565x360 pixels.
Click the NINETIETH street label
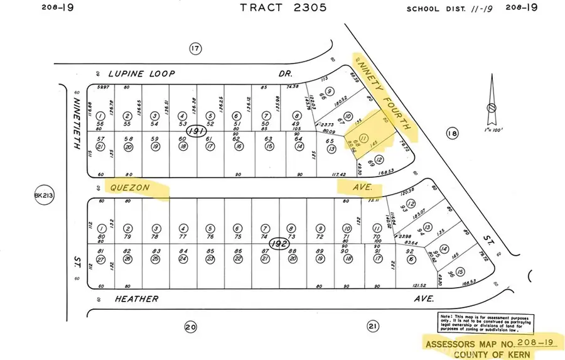tap(77, 123)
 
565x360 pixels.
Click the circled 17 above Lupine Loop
tap(195, 48)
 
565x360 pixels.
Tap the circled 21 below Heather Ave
tap(372, 326)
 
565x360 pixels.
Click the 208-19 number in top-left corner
tap(55, 8)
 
